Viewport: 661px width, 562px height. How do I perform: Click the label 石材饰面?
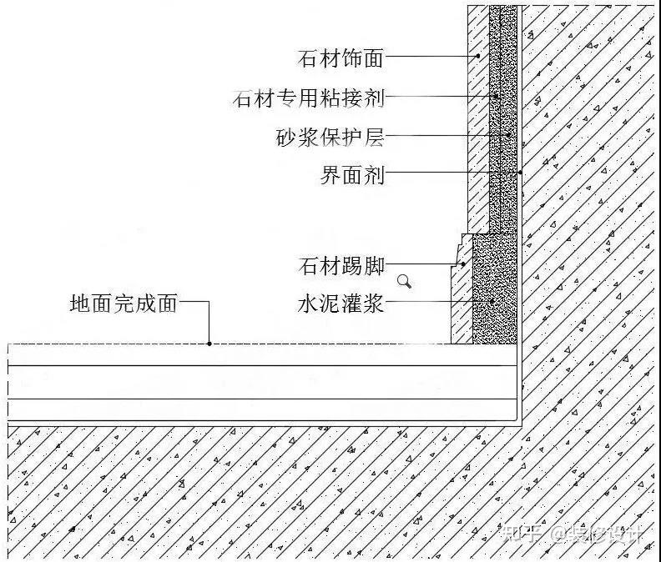(341, 58)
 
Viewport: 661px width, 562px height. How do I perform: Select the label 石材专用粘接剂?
(309, 98)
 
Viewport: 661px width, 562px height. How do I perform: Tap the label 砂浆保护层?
(330, 136)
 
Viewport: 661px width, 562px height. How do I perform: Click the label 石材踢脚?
(341, 266)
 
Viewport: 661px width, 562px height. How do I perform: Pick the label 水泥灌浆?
(341, 304)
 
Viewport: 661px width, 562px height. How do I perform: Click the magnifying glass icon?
(405, 281)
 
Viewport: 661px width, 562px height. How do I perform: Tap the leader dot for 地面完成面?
(209, 343)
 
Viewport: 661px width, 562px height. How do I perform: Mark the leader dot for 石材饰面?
(478, 57)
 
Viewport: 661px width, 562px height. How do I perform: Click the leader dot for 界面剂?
(519, 173)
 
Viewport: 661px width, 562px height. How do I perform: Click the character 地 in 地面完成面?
(80, 304)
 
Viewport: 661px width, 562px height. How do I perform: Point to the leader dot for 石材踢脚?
(464, 265)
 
